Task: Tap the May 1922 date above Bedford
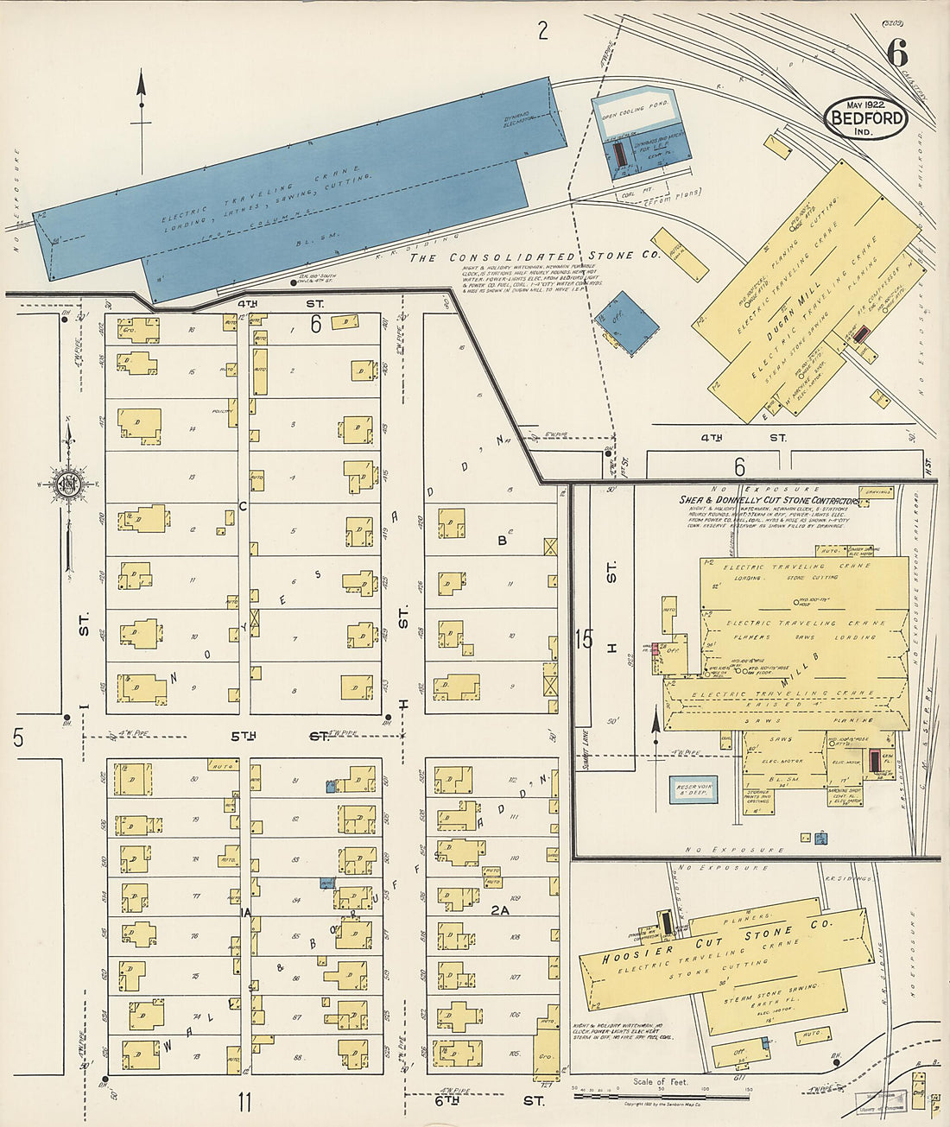click(x=864, y=103)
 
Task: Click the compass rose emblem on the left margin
click(x=67, y=484)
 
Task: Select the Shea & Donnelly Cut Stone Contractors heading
click(x=769, y=501)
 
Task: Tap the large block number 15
click(x=585, y=640)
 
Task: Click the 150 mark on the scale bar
click(x=748, y=1090)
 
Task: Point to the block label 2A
click(x=501, y=909)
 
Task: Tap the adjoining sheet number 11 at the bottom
click(x=244, y=1102)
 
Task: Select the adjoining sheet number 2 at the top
click(x=542, y=32)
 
